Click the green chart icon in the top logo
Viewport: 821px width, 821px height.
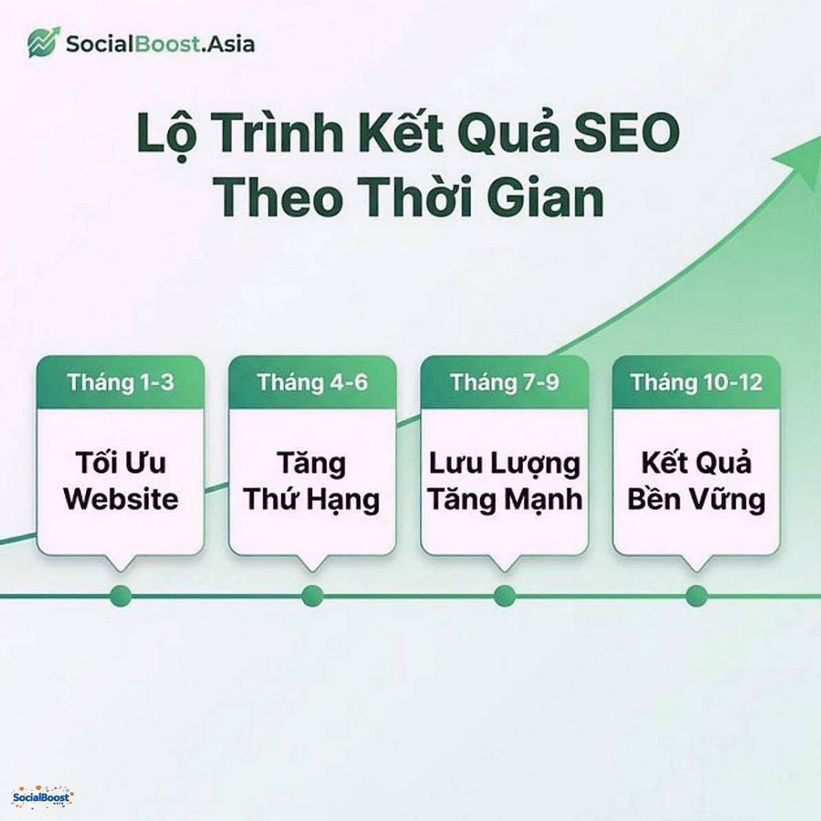tap(43, 43)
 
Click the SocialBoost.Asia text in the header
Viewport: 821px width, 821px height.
tap(160, 44)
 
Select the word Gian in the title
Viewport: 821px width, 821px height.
tap(545, 197)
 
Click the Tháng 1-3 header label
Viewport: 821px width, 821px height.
tap(121, 382)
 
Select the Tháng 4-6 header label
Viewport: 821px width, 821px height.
tap(312, 382)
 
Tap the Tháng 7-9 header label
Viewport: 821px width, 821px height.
tap(504, 382)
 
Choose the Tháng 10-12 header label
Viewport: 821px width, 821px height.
tap(696, 382)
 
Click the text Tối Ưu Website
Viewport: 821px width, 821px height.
tap(121, 481)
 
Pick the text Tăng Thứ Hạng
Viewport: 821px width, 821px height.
tap(312, 481)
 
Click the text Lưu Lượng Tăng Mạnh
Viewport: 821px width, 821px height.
tap(504, 481)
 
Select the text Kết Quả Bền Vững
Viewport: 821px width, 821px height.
tap(696, 481)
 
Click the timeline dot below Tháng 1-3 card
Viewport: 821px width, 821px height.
tap(121, 596)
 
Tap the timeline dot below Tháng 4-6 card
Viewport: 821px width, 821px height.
tap(312, 596)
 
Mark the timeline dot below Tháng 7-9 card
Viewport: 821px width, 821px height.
tap(504, 596)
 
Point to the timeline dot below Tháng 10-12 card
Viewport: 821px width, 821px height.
tap(696, 596)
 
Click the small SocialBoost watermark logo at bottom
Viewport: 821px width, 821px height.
tap(43, 797)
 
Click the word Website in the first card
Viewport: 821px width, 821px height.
tap(121, 499)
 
